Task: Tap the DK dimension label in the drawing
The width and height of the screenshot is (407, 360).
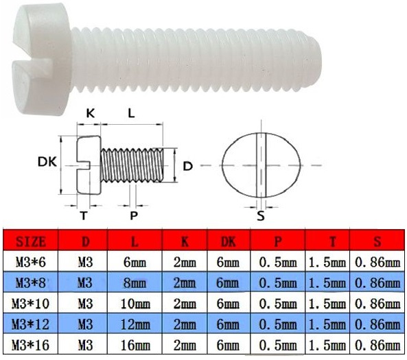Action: point(47,163)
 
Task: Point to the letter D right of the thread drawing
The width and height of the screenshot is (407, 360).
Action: point(187,165)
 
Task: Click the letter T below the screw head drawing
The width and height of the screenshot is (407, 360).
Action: point(84,215)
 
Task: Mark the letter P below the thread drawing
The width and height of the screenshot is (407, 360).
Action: point(133,215)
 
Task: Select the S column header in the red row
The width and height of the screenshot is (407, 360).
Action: point(377,241)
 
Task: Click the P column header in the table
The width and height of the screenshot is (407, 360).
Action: point(278,241)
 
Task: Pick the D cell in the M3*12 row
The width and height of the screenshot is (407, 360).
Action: point(85,321)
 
